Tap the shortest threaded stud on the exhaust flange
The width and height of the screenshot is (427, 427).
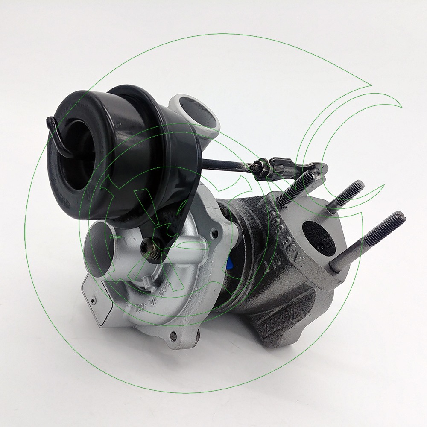click(x=346, y=194)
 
